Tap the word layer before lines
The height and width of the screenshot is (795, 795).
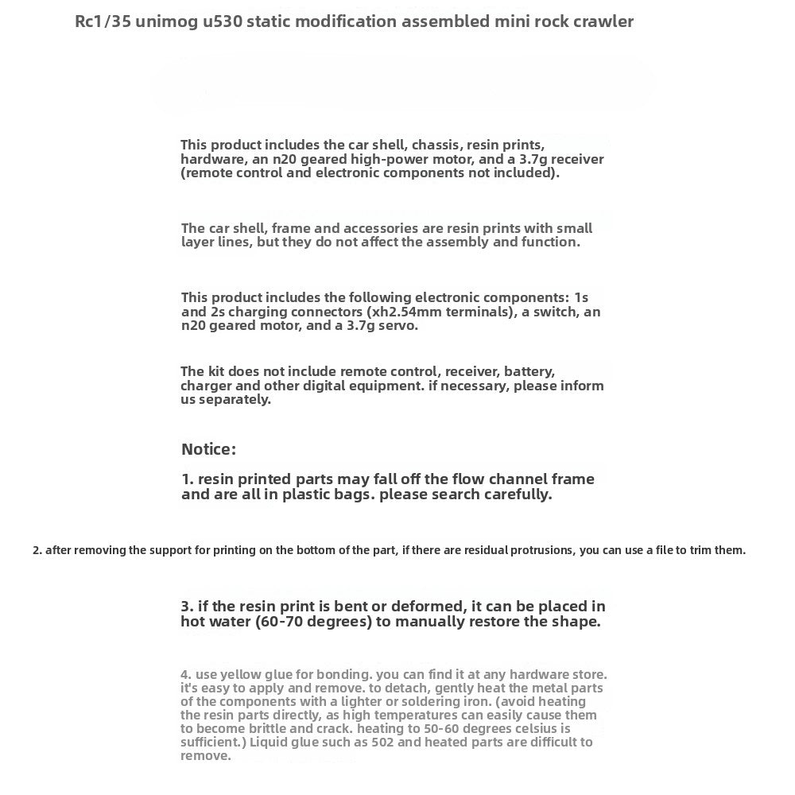tap(200, 242)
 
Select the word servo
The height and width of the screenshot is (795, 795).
tap(396, 325)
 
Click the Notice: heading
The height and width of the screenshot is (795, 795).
tap(208, 449)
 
